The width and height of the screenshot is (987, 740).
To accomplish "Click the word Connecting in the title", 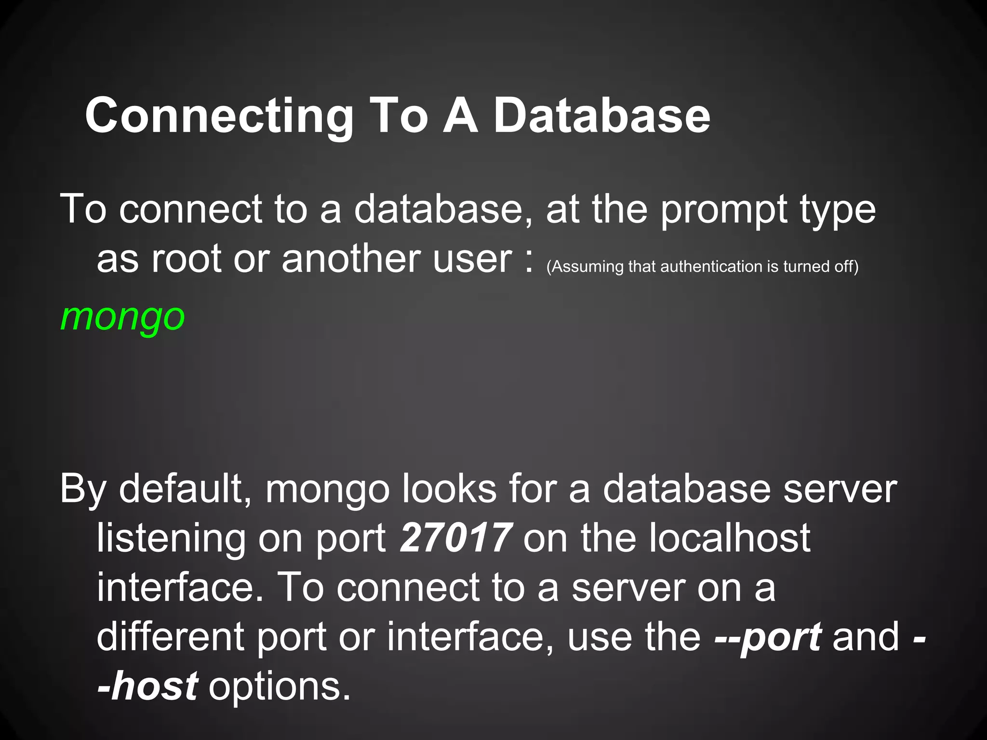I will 219,117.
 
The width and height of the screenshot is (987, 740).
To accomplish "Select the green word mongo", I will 122,318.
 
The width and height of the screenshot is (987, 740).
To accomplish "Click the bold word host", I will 154,686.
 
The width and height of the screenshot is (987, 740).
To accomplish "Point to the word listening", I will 171,539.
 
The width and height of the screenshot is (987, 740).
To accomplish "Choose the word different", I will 170,637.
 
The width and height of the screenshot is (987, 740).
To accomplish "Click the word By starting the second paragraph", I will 82,489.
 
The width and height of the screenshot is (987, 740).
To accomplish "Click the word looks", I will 449,489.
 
